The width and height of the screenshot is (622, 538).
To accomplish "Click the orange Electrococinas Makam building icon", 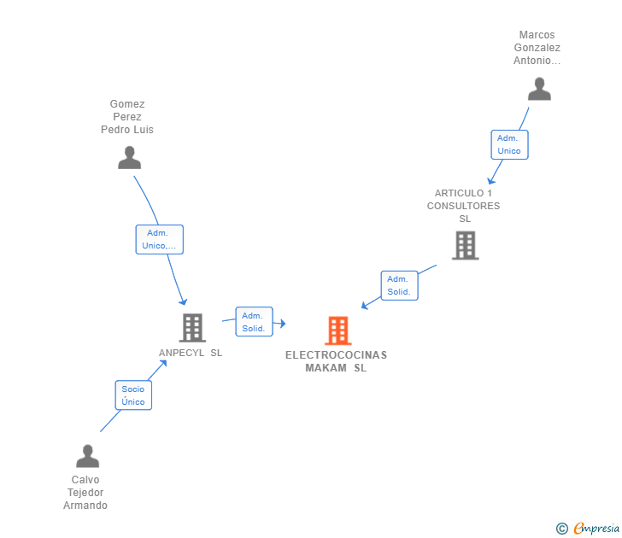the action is pos(338,330).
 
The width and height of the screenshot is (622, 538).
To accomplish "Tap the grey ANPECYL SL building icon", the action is pos(192,327).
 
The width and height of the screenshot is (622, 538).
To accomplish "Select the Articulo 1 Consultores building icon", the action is pos(465,246).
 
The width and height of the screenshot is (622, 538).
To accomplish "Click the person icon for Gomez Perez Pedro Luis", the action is pos(129,158).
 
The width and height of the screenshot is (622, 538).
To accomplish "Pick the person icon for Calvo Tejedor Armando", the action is pos(87,456).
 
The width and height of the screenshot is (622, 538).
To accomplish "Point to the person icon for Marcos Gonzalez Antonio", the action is pos(538,89).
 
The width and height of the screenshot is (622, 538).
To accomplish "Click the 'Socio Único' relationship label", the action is pos(133,395).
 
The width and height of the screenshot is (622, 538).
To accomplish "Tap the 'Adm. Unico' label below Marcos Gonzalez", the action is pos(509,144).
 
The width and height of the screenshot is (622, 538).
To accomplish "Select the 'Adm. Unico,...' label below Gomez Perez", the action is pos(160,239).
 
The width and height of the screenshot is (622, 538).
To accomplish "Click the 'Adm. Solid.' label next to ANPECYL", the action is pos(254,322).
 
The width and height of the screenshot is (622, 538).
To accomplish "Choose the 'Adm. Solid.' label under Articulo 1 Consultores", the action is pos(399,285).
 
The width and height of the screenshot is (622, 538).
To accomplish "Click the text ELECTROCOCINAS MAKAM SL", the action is pos(336,361).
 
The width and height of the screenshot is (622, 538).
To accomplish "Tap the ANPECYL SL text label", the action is pos(191,353).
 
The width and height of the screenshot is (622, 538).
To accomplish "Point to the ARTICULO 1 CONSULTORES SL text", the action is pos(464,206).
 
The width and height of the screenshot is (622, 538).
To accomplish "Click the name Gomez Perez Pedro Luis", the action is pos(127,117).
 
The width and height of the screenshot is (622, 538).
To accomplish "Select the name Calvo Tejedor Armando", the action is pos(85,493).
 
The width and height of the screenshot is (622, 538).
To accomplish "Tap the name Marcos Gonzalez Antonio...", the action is pos(537,48).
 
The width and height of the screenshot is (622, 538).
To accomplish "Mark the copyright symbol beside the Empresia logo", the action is pos(561,529).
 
